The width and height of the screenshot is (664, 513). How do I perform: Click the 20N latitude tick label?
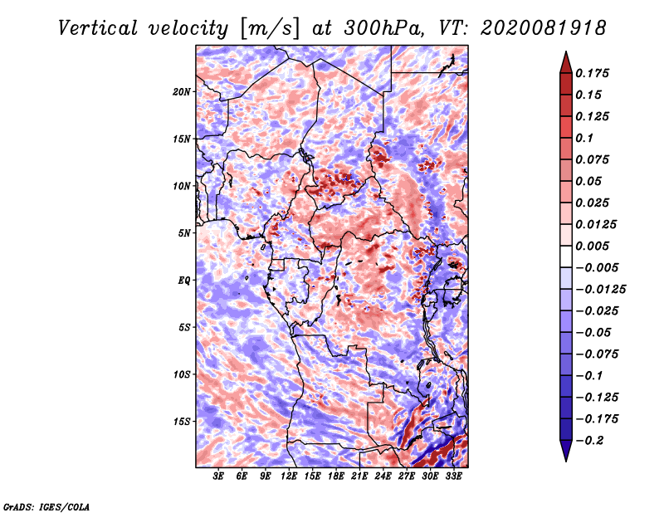[181, 91]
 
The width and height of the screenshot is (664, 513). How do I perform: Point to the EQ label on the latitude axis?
[183, 280]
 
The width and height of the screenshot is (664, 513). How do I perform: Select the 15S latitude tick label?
[181, 422]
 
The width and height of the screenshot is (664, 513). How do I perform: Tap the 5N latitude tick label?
[183, 233]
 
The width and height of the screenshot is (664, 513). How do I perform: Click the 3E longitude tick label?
[218, 476]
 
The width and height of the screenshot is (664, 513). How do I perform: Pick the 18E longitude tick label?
[336, 476]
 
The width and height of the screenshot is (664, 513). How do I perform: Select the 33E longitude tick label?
[453, 476]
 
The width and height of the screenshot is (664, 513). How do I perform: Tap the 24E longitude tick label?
[383, 476]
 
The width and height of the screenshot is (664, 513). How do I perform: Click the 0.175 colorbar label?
[592, 73]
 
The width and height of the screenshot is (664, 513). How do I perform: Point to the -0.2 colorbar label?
[589, 441]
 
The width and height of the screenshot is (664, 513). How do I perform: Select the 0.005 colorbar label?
[592, 246]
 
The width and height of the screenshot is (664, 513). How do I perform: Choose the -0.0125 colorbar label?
[600, 290]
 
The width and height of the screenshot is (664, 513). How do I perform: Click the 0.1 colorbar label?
[584, 138]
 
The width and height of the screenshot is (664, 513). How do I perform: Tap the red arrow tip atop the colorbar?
[566, 52]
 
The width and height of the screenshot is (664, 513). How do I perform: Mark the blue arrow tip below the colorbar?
[566, 461]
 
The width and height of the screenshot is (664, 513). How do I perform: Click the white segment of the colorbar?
[566, 256]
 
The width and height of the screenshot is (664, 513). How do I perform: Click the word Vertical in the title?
[98, 28]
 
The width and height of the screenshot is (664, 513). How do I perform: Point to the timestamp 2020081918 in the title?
[544, 28]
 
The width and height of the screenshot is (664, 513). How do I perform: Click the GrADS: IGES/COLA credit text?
[46, 506]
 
